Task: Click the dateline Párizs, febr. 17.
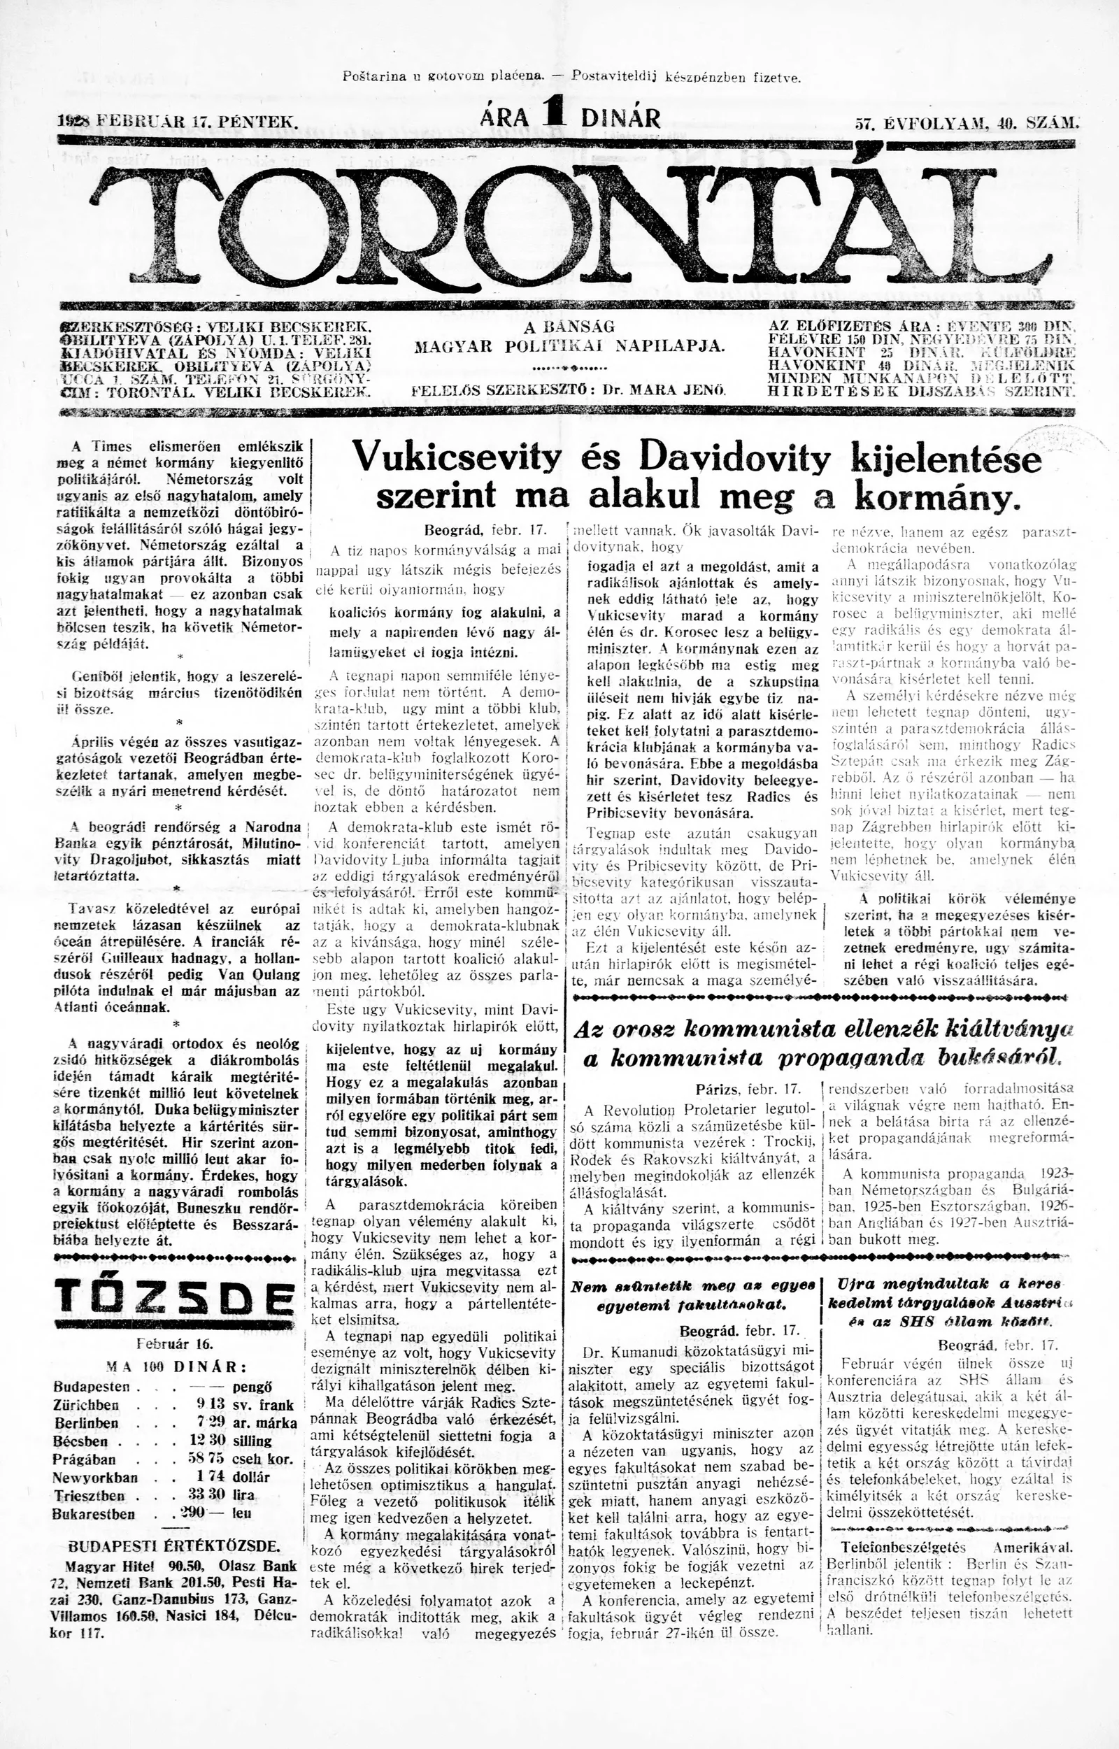tap(748, 1089)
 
